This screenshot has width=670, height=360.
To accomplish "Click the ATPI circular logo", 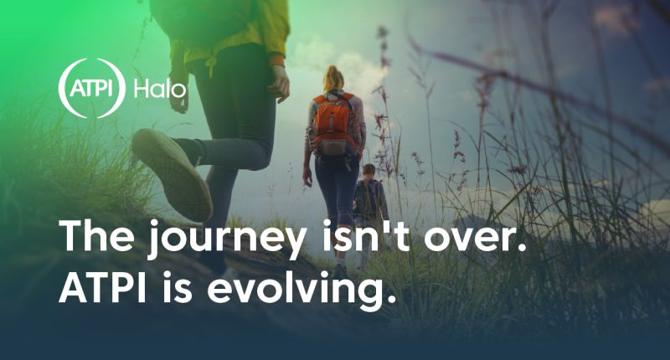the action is pyautogui.click(x=91, y=88).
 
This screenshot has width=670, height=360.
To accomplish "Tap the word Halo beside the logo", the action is pyautogui.click(x=160, y=89).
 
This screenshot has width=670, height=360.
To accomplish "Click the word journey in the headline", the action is pyautogui.click(x=226, y=239).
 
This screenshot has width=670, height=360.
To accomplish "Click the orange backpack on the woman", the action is pyautogui.click(x=334, y=124).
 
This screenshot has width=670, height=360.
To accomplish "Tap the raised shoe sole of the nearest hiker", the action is pyautogui.click(x=172, y=174).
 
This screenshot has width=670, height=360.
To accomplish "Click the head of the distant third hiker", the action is pyautogui.click(x=368, y=172).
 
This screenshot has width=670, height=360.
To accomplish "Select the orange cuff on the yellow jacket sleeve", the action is pyautogui.click(x=277, y=59).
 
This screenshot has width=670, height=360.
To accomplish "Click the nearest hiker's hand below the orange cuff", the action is pyautogui.click(x=280, y=84).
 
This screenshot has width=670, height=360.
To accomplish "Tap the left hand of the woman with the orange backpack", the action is pyautogui.click(x=307, y=177).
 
